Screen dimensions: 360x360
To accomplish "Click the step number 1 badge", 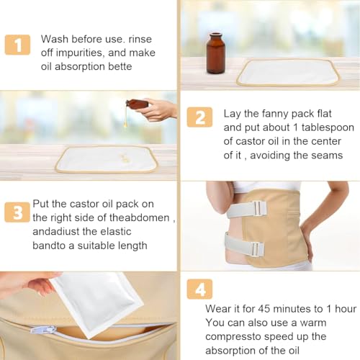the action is pyautogui.click(x=17, y=45).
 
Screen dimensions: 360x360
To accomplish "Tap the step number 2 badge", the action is pyautogui.click(x=199, y=117).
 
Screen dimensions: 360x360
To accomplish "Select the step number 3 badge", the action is pyautogui.click(x=17, y=212).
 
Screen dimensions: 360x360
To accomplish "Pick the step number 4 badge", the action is pyautogui.click(x=199, y=289).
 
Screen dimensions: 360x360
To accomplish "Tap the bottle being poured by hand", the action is pyautogui.click(x=137, y=104).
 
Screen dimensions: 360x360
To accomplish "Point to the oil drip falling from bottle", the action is pyautogui.click(x=125, y=117).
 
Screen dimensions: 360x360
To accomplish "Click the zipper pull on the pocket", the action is pyautogui.click(x=42, y=329).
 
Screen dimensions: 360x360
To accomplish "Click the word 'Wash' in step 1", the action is pyautogui.click(x=55, y=39).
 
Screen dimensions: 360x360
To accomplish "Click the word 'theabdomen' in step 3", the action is pyautogui.click(x=140, y=217).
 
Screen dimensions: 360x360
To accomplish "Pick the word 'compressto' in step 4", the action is pyautogui.click(x=232, y=337).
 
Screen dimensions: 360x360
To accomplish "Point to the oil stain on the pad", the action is pyautogui.click(x=123, y=158).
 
